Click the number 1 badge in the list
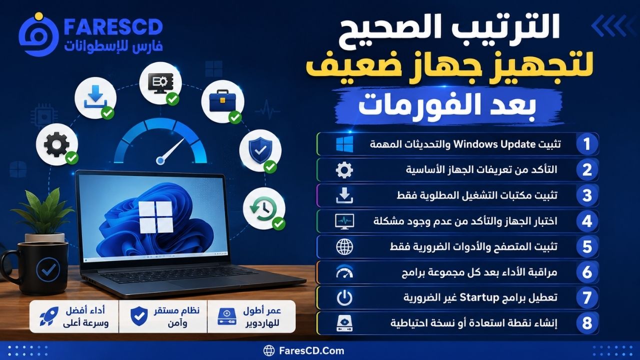coord(587,144)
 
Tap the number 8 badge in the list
coord(587,323)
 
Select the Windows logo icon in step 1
coord(344,144)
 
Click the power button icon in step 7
coord(344,297)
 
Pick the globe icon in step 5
coord(344,247)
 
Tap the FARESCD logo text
coord(113,27)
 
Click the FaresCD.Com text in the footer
coord(311,350)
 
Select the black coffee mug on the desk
coord(35,267)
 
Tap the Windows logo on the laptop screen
coord(156,216)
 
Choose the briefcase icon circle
coord(222,101)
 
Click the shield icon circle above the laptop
coord(260,150)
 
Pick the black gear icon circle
coord(57,144)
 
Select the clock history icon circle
coord(264,208)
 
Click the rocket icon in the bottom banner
coord(49,316)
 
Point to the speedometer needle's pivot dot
coord(160,161)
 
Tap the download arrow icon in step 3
coord(344,195)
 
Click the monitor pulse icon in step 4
coord(344,221)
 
